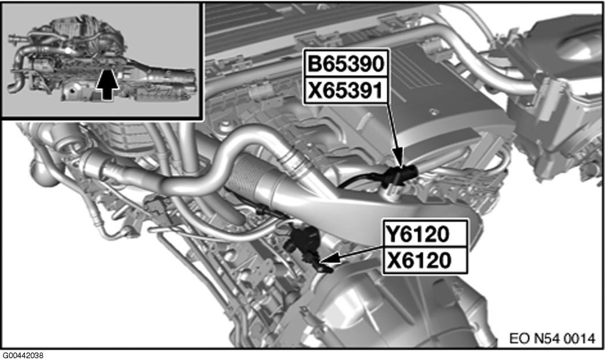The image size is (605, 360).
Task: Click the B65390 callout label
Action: (345, 63)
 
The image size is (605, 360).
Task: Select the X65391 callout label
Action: (345, 90)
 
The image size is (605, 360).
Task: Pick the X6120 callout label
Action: (425, 260)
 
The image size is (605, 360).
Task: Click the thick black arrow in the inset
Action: (107, 84)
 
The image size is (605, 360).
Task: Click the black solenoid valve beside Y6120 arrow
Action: (303, 241)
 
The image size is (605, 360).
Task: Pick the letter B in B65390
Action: (315, 63)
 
